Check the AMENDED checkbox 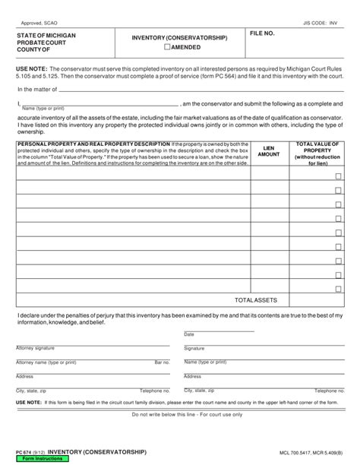point(168,46)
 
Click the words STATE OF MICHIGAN point(46,36)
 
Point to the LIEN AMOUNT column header point(269,150)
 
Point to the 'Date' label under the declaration point(189,334)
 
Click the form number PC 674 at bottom point(25,452)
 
